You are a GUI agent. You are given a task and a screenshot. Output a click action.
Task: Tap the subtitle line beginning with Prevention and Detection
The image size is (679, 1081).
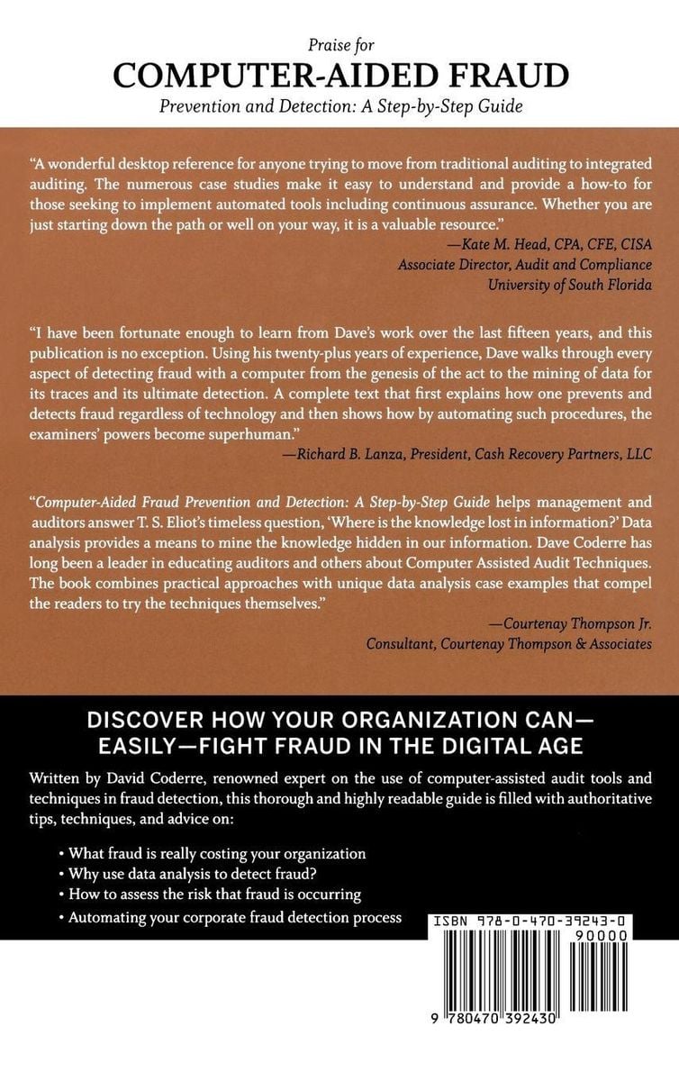(339, 106)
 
